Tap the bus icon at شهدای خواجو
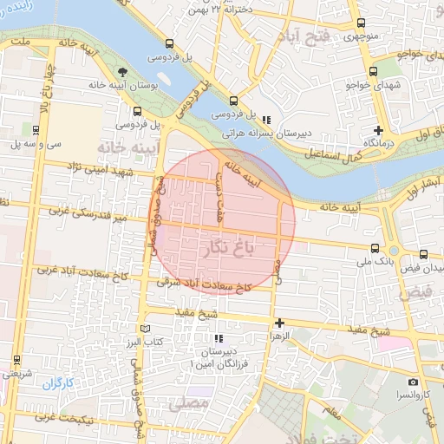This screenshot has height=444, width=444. click(x=373, y=72)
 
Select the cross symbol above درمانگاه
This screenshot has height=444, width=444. click(x=378, y=129)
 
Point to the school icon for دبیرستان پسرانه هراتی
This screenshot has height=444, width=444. click(x=268, y=120)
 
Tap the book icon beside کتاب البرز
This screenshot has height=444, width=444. click(x=145, y=330)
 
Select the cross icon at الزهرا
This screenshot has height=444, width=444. click(x=279, y=323)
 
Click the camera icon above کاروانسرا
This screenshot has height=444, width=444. click(x=413, y=382)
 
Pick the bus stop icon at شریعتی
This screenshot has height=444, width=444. click(x=16, y=358)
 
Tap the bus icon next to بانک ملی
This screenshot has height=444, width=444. click(x=373, y=248)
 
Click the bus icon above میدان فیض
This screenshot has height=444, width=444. click(x=423, y=255)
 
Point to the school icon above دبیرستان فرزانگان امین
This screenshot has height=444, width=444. click(x=219, y=338)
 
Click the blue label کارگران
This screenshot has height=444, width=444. click(x=60, y=382)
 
